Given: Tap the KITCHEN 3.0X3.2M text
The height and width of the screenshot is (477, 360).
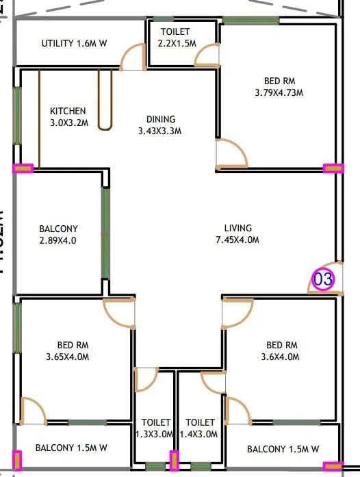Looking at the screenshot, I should [x=68, y=117].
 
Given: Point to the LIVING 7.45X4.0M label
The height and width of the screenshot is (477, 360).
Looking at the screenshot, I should [x=237, y=234].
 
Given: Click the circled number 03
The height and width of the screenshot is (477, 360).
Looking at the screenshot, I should [x=323, y=279].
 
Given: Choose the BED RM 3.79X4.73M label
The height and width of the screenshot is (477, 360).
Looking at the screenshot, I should [x=279, y=86].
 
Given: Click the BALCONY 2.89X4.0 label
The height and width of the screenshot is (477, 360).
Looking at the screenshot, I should [x=58, y=235].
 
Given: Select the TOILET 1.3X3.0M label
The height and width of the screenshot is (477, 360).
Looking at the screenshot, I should [x=153, y=428].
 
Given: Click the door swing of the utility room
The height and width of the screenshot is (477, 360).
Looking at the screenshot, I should [x=132, y=57].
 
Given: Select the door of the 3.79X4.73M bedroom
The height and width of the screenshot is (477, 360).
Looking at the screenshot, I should [x=231, y=153].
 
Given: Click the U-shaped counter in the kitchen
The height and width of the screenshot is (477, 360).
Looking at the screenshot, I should [x=105, y=99].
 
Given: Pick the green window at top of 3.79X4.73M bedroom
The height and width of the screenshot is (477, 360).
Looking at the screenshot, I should [x=251, y=20].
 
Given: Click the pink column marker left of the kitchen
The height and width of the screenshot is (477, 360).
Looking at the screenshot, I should [x=23, y=168].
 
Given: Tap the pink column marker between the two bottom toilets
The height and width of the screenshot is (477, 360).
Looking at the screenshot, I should [x=174, y=460].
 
